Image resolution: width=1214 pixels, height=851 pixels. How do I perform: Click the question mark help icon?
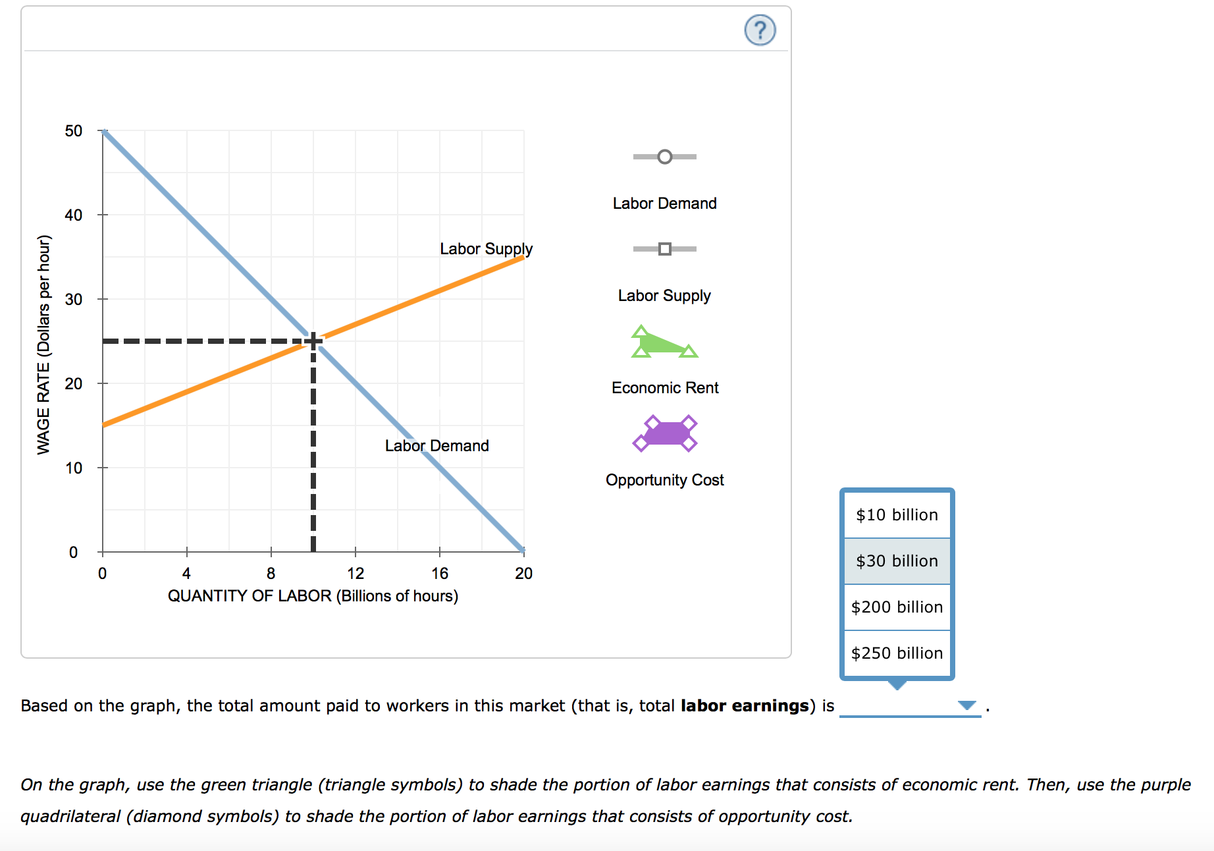(x=760, y=30)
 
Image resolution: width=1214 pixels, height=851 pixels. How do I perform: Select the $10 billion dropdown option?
(x=897, y=514)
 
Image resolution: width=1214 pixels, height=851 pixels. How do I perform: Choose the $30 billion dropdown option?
(x=897, y=561)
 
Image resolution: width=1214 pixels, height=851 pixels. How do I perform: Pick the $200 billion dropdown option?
(x=897, y=607)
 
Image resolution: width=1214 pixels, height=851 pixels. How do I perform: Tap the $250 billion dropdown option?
(x=897, y=653)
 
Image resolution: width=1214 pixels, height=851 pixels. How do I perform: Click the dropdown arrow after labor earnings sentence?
(x=966, y=705)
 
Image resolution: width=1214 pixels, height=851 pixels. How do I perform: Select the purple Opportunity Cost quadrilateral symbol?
(x=665, y=433)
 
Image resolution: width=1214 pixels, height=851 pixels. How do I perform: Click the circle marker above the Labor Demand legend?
(x=665, y=157)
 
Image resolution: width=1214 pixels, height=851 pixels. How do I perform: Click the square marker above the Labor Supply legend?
(x=665, y=249)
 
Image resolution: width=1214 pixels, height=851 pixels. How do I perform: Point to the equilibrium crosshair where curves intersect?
(x=313, y=341)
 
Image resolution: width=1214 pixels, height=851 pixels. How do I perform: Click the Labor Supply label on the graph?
(x=486, y=249)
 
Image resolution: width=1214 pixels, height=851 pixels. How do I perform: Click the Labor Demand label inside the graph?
(x=436, y=446)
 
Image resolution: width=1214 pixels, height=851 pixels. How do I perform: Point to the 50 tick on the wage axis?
(x=74, y=131)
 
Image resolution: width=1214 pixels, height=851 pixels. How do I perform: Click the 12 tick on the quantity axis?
(x=356, y=573)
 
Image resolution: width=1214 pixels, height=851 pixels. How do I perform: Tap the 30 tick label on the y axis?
(x=74, y=300)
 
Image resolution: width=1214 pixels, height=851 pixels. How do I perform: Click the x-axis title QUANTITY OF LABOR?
(x=313, y=596)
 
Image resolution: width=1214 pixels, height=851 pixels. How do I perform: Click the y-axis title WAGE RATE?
(x=43, y=344)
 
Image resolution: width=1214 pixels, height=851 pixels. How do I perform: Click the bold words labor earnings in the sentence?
(x=744, y=706)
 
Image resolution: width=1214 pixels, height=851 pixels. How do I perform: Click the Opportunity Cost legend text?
(x=664, y=480)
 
